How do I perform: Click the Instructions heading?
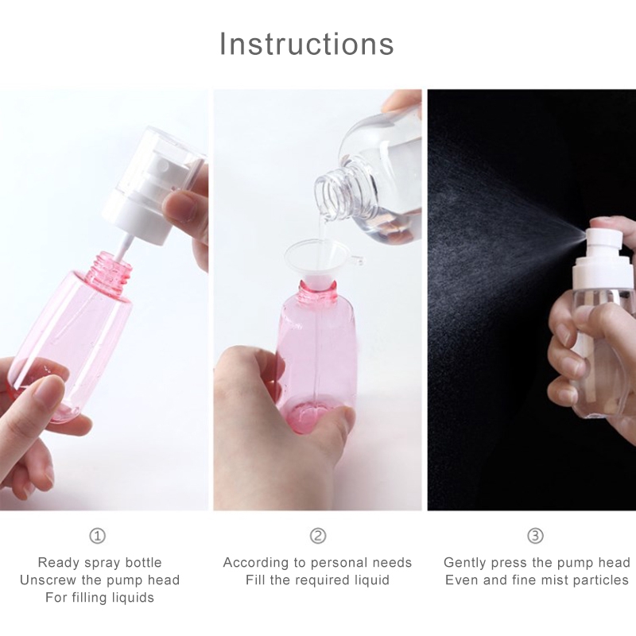[x=307, y=44]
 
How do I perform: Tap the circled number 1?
[x=97, y=536]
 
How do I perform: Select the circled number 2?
[x=317, y=536]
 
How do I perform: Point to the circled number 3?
[x=535, y=536]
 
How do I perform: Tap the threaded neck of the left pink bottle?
[x=114, y=269]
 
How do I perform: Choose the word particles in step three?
[x=604, y=580]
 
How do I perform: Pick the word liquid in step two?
[x=371, y=580]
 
